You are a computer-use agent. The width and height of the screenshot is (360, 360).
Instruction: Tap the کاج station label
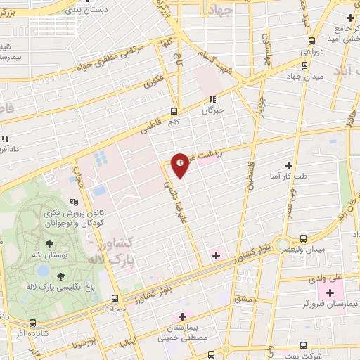click(174, 122)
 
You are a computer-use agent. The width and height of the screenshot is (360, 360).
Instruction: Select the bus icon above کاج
click(174, 110)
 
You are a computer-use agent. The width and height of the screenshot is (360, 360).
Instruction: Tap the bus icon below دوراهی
click(303, 64)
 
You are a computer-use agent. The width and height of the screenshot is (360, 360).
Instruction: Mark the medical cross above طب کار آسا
click(288, 164)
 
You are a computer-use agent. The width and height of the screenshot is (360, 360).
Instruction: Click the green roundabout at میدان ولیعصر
click(282, 243)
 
